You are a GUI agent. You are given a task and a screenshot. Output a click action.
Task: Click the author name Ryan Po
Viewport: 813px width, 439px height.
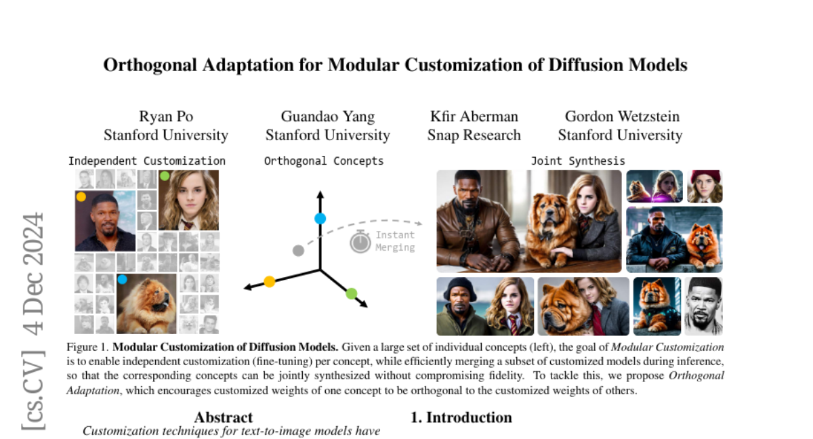coord(166,117)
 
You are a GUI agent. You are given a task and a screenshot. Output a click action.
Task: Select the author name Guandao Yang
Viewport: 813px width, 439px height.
coord(327,117)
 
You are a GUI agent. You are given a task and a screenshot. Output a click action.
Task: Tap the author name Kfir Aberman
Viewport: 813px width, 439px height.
coord(474,117)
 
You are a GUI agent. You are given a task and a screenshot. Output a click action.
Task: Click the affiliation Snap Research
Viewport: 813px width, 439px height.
coord(474,135)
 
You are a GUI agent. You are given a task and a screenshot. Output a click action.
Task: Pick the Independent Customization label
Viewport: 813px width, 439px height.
coord(146,161)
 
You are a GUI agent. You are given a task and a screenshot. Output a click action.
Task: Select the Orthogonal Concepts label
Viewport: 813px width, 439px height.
coord(323,161)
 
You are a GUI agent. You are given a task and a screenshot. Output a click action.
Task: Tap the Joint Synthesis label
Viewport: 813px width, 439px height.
coord(578,161)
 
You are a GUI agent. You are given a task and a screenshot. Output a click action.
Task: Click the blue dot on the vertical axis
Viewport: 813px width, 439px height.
coord(320,218)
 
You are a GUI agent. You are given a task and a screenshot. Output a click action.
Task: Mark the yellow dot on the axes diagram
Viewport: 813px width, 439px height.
coord(270,281)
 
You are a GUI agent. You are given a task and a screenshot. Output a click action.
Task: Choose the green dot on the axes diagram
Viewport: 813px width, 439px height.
coord(351,293)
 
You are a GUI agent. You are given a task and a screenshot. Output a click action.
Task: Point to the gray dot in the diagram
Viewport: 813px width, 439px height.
coord(297,251)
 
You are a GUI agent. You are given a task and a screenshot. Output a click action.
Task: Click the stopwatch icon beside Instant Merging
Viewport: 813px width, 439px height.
coord(360,241)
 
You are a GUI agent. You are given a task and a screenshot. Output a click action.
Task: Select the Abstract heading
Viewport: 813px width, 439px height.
coord(223,417)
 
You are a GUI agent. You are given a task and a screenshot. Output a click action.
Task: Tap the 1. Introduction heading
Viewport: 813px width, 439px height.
coord(461,417)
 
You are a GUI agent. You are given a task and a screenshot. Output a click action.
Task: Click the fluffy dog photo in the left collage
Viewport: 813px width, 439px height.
coord(146,304)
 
